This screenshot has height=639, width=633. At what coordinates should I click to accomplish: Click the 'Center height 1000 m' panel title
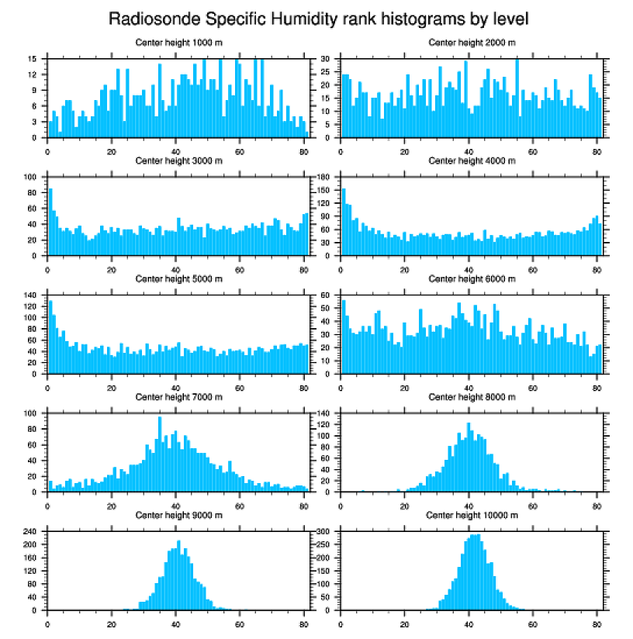click(178, 43)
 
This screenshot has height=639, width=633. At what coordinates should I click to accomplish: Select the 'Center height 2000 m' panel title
click(472, 43)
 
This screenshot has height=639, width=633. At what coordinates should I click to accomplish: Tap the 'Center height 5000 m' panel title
click(178, 279)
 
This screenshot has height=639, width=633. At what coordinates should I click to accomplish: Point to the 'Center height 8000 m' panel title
click(472, 397)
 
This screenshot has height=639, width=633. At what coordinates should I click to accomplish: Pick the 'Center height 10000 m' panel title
click(472, 516)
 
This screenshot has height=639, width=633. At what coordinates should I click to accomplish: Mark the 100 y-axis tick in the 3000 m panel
click(32, 178)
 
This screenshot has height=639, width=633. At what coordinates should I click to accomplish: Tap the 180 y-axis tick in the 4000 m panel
click(326, 178)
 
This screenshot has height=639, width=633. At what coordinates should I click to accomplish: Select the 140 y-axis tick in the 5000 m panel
click(32, 295)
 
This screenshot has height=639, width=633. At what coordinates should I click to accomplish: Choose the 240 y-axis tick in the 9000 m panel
click(32, 532)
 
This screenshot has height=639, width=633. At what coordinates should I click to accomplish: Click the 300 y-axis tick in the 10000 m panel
click(326, 532)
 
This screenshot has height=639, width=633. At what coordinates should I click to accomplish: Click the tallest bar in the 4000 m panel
click(344, 225)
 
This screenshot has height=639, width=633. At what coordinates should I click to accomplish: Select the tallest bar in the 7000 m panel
click(160, 458)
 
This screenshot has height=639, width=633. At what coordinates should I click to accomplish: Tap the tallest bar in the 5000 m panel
click(50, 337)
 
